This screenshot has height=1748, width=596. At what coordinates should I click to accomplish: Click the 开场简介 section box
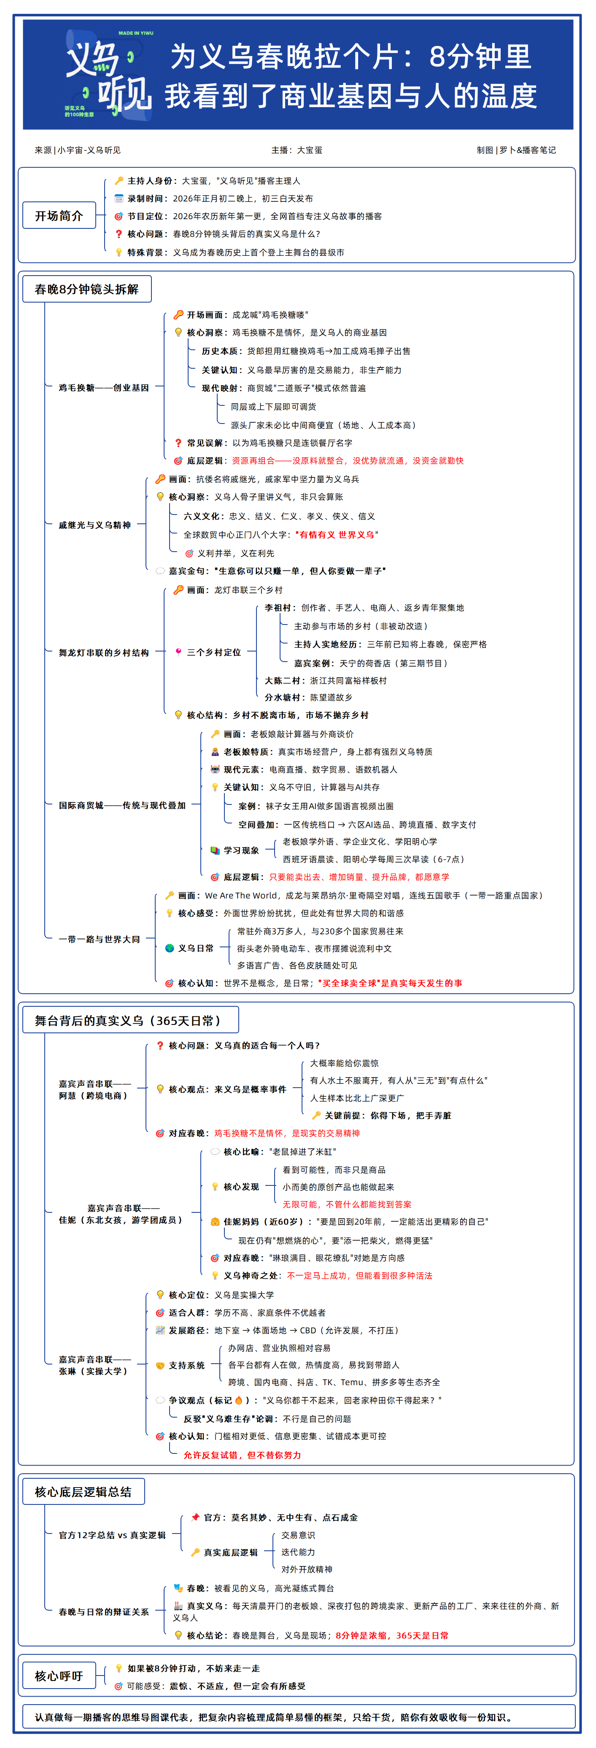59,216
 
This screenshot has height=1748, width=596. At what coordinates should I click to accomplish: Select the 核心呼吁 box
59,1676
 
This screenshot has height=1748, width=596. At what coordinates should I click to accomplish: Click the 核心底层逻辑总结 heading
83,1491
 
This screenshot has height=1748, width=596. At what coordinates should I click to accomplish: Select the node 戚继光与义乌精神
94,525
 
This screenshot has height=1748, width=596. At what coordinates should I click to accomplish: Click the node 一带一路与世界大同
99,939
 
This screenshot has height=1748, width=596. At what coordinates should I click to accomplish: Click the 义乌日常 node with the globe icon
195,948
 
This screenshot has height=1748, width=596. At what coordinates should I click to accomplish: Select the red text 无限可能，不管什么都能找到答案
347,1204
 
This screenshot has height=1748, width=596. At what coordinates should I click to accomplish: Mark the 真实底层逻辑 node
231,1552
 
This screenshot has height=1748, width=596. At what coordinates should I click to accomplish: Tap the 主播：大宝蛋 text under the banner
297,150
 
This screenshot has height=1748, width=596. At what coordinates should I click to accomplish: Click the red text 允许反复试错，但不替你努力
243,1455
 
